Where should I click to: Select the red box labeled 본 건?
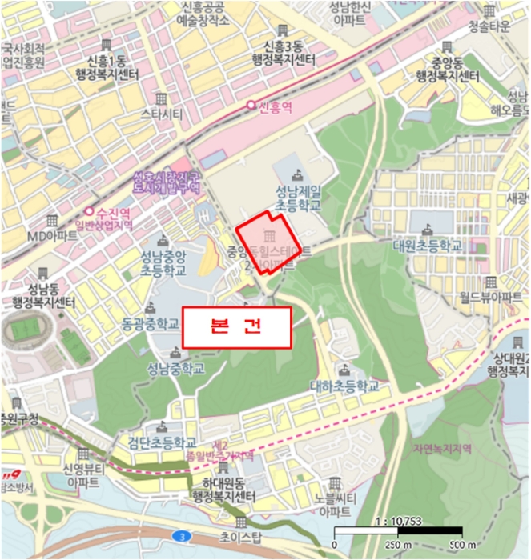tap(235, 327)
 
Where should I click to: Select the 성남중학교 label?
tap(175, 369)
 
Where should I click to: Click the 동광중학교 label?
tap(152, 325)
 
